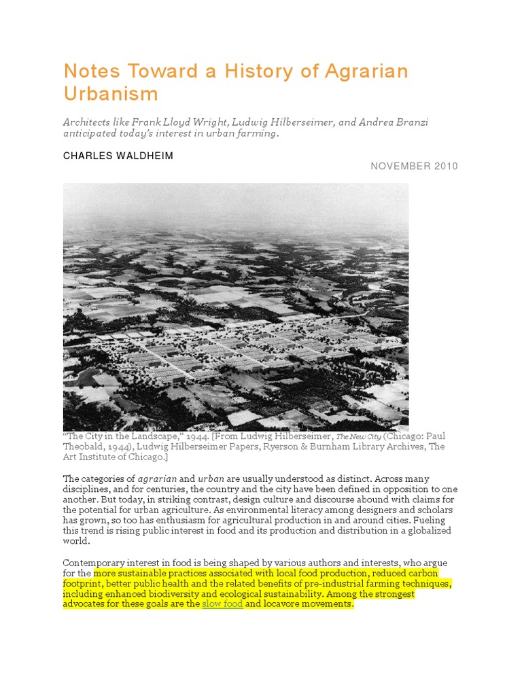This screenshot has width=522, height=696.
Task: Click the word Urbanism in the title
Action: tap(111, 93)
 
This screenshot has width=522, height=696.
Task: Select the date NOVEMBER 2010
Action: tap(414, 167)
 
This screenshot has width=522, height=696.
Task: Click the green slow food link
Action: tap(222, 604)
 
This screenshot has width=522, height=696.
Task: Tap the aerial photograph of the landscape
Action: tap(236, 306)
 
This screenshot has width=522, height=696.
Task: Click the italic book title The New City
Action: tap(358, 436)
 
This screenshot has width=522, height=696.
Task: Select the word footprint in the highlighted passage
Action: tap(84, 583)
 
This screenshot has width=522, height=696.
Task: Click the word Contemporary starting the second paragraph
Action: tap(94, 563)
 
